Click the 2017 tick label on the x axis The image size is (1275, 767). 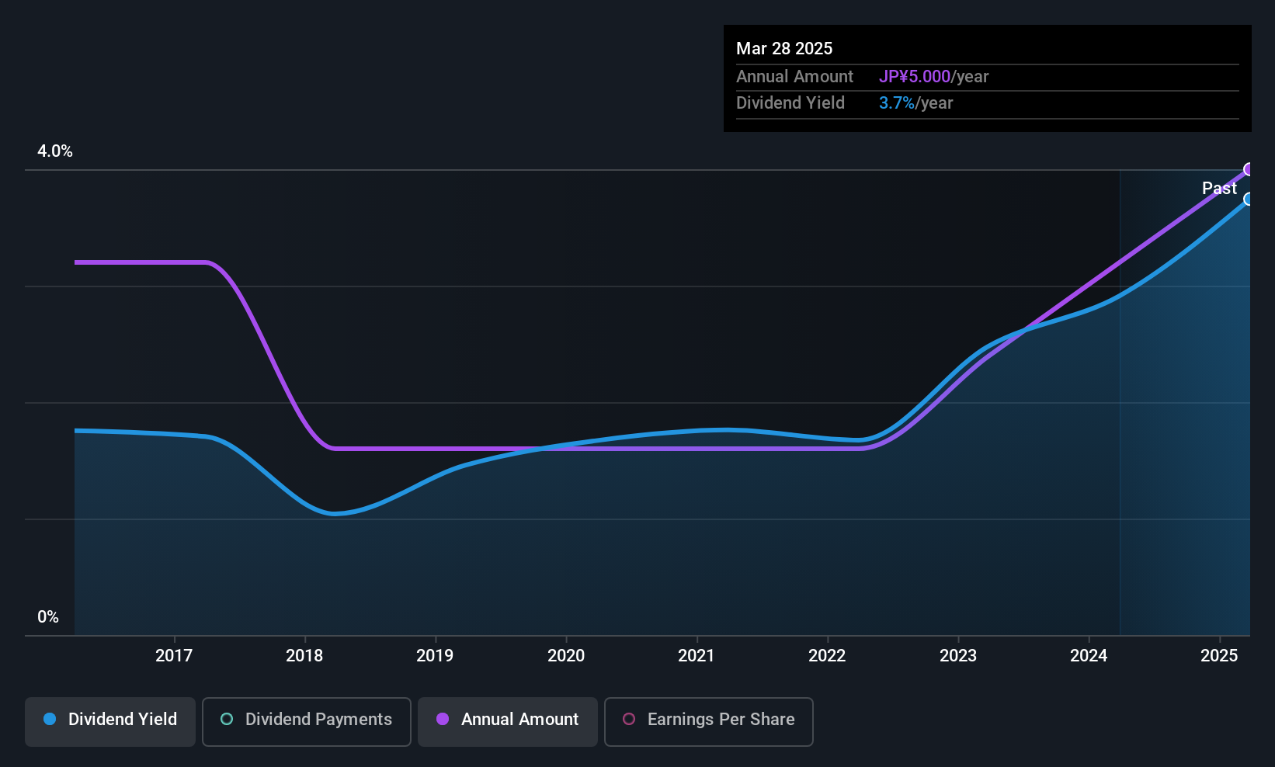tap(174, 655)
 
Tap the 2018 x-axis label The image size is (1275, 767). tap(304, 655)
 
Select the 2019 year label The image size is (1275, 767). tap(435, 655)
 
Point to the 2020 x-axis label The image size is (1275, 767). tap(566, 655)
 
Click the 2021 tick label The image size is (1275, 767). tap(697, 655)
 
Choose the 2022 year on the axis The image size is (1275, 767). tap(827, 655)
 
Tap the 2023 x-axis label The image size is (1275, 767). tap(958, 655)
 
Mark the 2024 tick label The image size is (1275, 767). tap(1089, 655)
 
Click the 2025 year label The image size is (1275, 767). tap(1219, 655)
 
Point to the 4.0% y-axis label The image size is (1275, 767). tap(55, 151)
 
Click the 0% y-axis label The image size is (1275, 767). tap(48, 617)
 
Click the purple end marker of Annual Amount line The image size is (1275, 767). tap(1249, 169)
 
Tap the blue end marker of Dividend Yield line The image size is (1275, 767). tap(1249, 200)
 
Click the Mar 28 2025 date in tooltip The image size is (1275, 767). tap(783, 48)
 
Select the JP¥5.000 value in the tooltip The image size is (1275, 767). tap(914, 76)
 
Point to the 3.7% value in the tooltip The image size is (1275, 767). tap(897, 103)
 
